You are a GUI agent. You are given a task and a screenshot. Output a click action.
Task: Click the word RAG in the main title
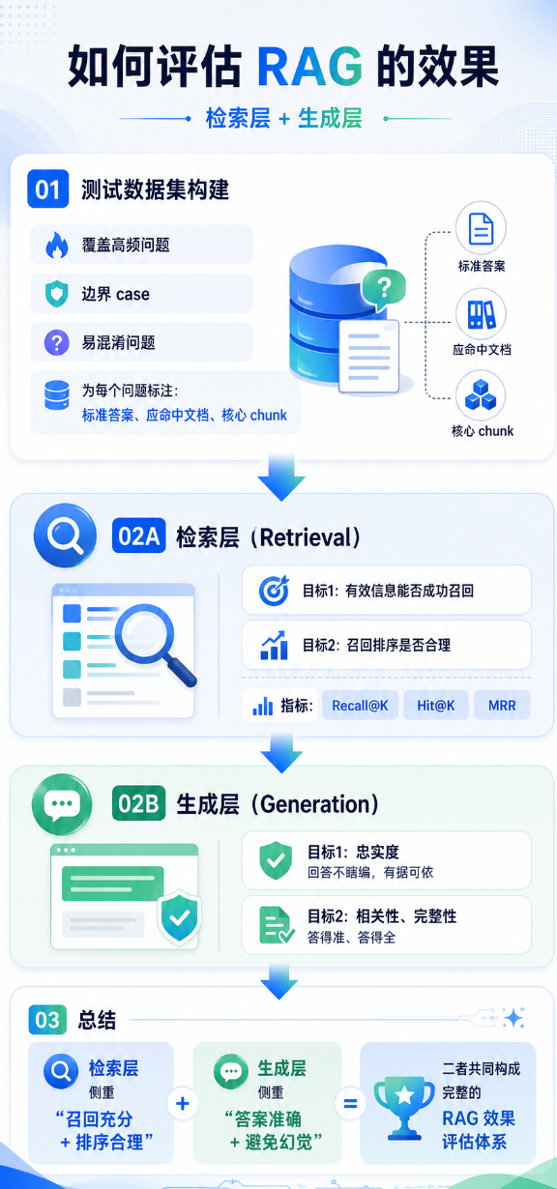309,67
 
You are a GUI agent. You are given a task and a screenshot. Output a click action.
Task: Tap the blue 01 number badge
47,188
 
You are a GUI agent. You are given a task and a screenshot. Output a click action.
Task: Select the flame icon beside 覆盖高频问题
57,245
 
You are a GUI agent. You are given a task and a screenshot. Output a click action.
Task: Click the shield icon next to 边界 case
57,294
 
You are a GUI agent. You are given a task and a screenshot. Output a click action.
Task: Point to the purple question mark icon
57,342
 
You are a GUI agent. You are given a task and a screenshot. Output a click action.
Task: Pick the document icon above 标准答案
481,229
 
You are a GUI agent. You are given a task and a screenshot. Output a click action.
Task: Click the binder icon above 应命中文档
481,314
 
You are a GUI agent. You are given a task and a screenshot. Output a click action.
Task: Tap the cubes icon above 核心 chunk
481,395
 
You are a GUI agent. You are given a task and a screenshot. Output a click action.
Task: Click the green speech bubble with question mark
384,289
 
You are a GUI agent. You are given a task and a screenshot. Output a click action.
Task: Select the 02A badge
138,536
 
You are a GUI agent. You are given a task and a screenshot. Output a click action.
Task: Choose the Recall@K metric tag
360,706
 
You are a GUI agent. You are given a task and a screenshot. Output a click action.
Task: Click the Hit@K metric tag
436,706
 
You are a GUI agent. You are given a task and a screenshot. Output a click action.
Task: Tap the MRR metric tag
502,706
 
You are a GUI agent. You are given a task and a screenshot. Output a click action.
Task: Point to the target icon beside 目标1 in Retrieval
274,591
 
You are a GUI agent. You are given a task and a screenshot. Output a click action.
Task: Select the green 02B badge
138,803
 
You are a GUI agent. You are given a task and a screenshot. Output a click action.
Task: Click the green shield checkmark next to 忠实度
276,860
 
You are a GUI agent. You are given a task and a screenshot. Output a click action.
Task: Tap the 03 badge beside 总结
47,1020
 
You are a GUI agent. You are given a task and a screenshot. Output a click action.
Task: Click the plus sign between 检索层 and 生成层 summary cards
183,1104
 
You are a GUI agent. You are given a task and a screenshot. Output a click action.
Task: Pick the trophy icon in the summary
404,1107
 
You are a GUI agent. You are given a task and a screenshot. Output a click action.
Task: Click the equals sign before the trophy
350,1104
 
